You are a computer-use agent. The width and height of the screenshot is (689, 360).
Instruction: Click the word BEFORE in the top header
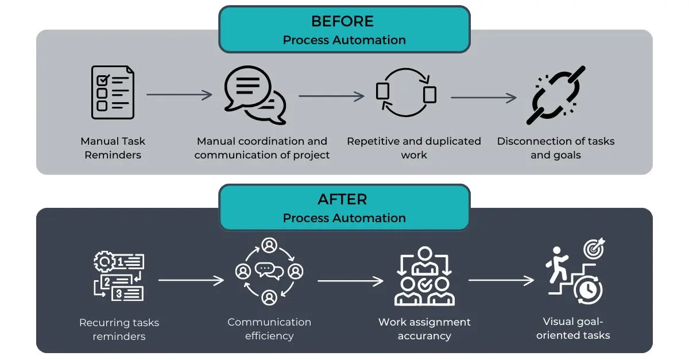pyautogui.click(x=343, y=22)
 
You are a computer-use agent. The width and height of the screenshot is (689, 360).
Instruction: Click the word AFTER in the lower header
pyautogui.click(x=343, y=200)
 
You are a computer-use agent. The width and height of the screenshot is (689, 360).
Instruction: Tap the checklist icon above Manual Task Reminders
pyautogui.click(x=113, y=92)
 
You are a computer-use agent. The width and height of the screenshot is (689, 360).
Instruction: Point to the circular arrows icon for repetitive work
pyautogui.click(x=406, y=93)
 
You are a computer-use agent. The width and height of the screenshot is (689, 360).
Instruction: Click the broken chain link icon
pyautogui.click(x=555, y=95)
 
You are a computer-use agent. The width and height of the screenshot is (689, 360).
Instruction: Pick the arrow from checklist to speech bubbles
pyautogui.click(x=180, y=95)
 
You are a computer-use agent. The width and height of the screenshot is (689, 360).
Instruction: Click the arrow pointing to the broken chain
pyautogui.click(x=483, y=98)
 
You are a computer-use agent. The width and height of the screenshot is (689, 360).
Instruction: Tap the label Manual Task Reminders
pyautogui.click(x=113, y=148)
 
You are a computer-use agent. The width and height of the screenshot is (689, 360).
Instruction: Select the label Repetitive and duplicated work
pyautogui.click(x=414, y=148)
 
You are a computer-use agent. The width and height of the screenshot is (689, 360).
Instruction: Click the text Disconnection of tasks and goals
pyautogui.click(x=555, y=148)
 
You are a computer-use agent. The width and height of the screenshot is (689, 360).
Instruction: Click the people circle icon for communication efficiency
pyautogui.click(x=269, y=271)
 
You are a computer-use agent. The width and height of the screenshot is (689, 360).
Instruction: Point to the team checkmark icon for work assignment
pyautogui.click(x=424, y=276)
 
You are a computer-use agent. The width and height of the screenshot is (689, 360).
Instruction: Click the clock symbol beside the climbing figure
pyautogui.click(x=587, y=291)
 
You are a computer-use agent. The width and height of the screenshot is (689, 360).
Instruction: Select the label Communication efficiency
pyautogui.click(x=269, y=328)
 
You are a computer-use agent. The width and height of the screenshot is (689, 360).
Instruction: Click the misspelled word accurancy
pyautogui.click(x=424, y=336)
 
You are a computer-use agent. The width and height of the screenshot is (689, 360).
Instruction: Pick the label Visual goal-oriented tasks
pyautogui.click(x=573, y=328)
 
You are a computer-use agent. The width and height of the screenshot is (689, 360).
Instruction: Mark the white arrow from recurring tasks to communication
pyautogui.click(x=191, y=281)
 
